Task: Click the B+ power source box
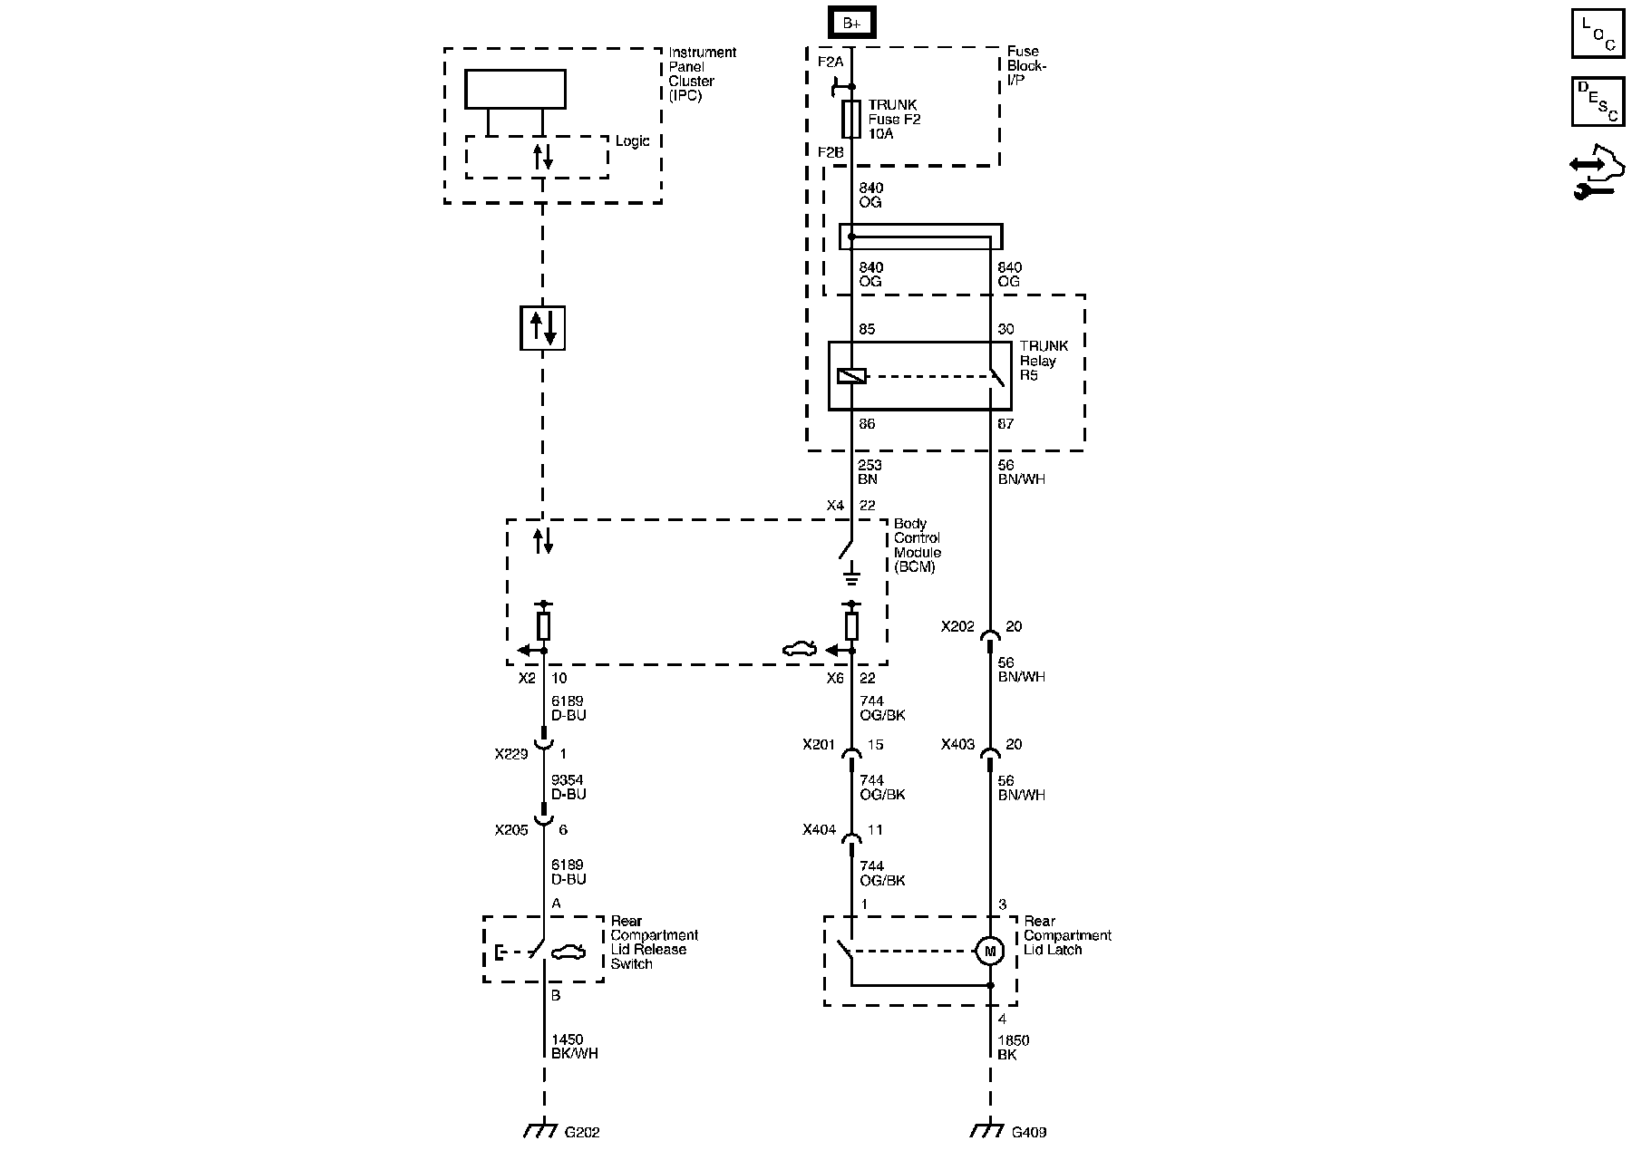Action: click(x=851, y=23)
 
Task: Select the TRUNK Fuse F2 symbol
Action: click(x=851, y=119)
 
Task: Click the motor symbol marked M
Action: click(x=989, y=952)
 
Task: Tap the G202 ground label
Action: click(x=582, y=1133)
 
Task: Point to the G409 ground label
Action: click(x=1028, y=1133)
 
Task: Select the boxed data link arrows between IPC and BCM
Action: click(x=542, y=327)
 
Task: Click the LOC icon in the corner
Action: click(x=1598, y=34)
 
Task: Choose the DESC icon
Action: click(x=1598, y=101)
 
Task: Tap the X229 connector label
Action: click(x=511, y=753)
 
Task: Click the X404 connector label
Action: click(x=818, y=830)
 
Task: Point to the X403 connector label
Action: click(x=957, y=745)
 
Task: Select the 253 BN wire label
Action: click(x=869, y=472)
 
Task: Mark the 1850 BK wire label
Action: click(x=1014, y=1048)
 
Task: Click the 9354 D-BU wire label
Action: click(x=568, y=788)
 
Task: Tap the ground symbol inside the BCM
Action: click(x=851, y=574)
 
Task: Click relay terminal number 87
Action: click(x=1005, y=424)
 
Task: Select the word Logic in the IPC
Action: click(x=632, y=141)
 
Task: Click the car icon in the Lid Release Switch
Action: click(x=568, y=952)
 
